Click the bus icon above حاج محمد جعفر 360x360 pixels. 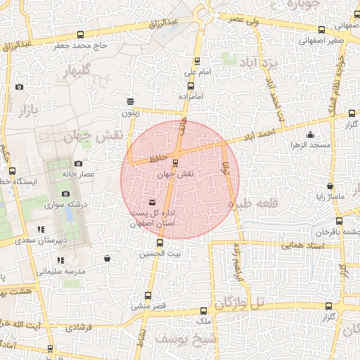tap(82, 34)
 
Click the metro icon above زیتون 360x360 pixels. tap(129, 101)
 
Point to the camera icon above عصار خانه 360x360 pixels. tap(78, 163)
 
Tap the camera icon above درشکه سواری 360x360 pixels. tap(65, 194)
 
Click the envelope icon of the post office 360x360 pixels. tap(154, 203)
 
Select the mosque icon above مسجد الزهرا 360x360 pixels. tap(311, 134)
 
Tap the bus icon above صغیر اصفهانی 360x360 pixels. tap(322, 30)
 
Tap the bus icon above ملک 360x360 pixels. tap(203, 310)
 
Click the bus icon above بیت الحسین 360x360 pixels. tap(160, 243)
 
